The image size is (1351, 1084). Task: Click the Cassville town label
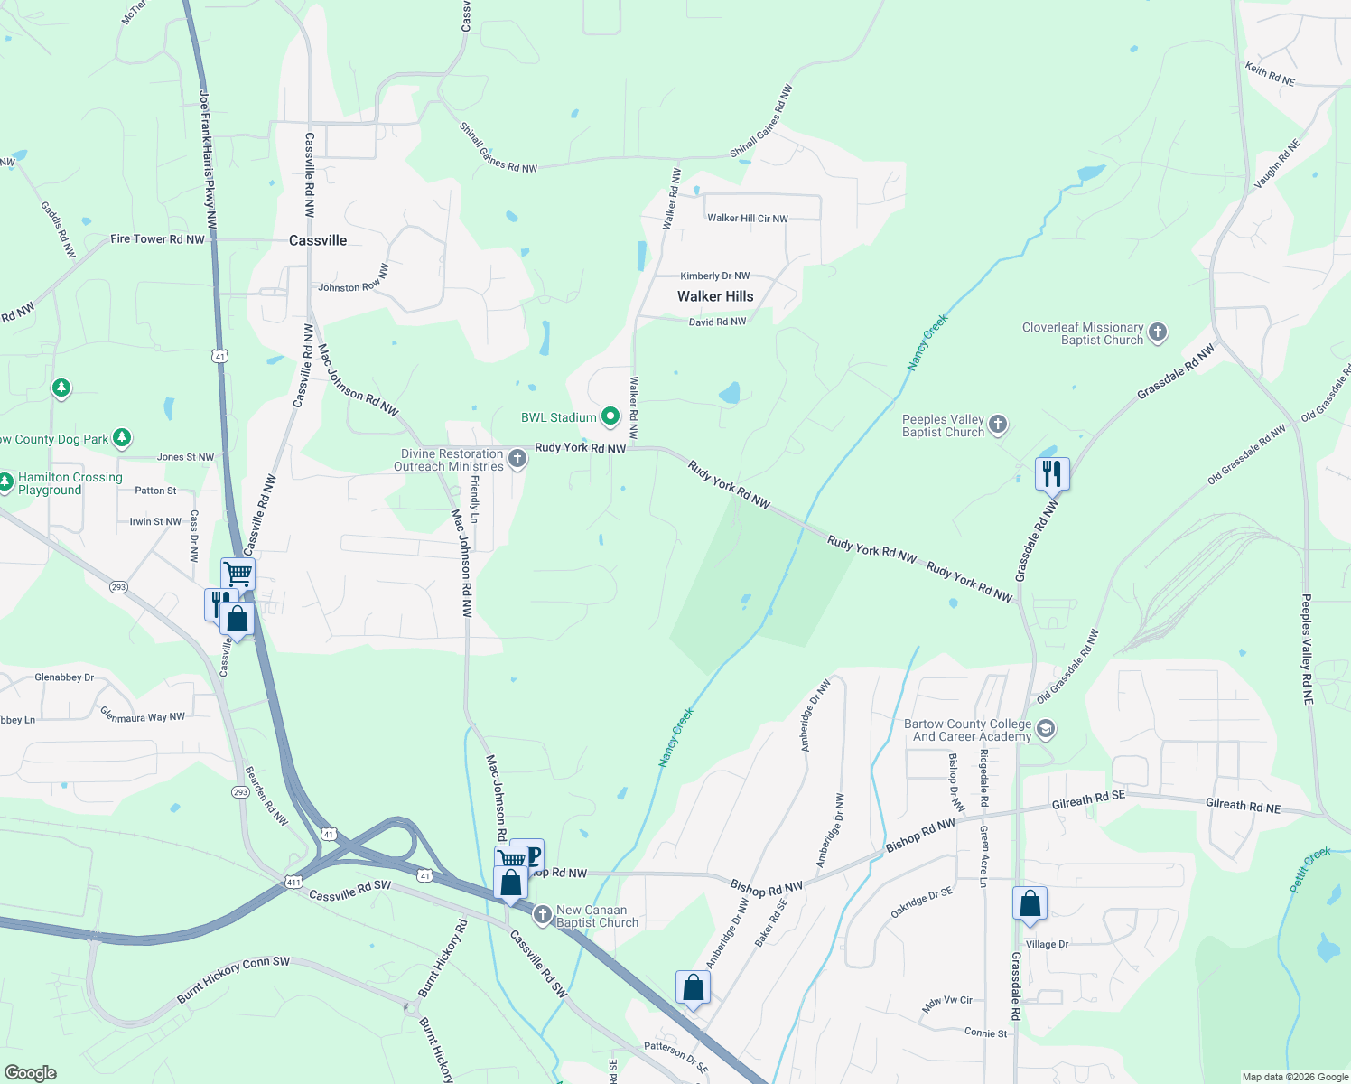pyautogui.click(x=318, y=240)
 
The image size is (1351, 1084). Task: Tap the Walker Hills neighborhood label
pyautogui.click(x=715, y=296)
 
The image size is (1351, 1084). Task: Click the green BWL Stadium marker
pyautogui.click(x=610, y=416)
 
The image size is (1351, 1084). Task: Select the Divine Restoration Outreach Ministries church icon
pyautogui.click(x=517, y=459)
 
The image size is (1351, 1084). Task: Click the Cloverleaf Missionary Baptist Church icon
pyautogui.click(x=1158, y=332)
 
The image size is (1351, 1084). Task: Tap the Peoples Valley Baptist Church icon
pyautogui.click(x=998, y=424)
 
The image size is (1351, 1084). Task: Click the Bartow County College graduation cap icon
pyautogui.click(x=1046, y=729)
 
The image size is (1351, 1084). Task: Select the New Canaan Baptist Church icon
pyautogui.click(x=542, y=915)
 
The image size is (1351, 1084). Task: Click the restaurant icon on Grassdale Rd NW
pyautogui.click(x=1052, y=472)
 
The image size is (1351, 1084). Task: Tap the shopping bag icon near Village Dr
pyautogui.click(x=1030, y=902)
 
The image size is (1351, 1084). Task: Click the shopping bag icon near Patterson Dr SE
pyautogui.click(x=693, y=986)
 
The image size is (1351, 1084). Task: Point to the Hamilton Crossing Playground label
pyautogui.click(x=70, y=483)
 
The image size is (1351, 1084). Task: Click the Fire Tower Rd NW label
pyautogui.click(x=157, y=239)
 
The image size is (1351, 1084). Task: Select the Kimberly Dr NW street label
pyautogui.click(x=714, y=276)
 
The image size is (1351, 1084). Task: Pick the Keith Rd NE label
pyautogui.click(x=1269, y=74)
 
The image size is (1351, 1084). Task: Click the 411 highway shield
pyautogui.click(x=293, y=882)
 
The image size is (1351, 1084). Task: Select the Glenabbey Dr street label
pyautogui.click(x=64, y=677)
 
